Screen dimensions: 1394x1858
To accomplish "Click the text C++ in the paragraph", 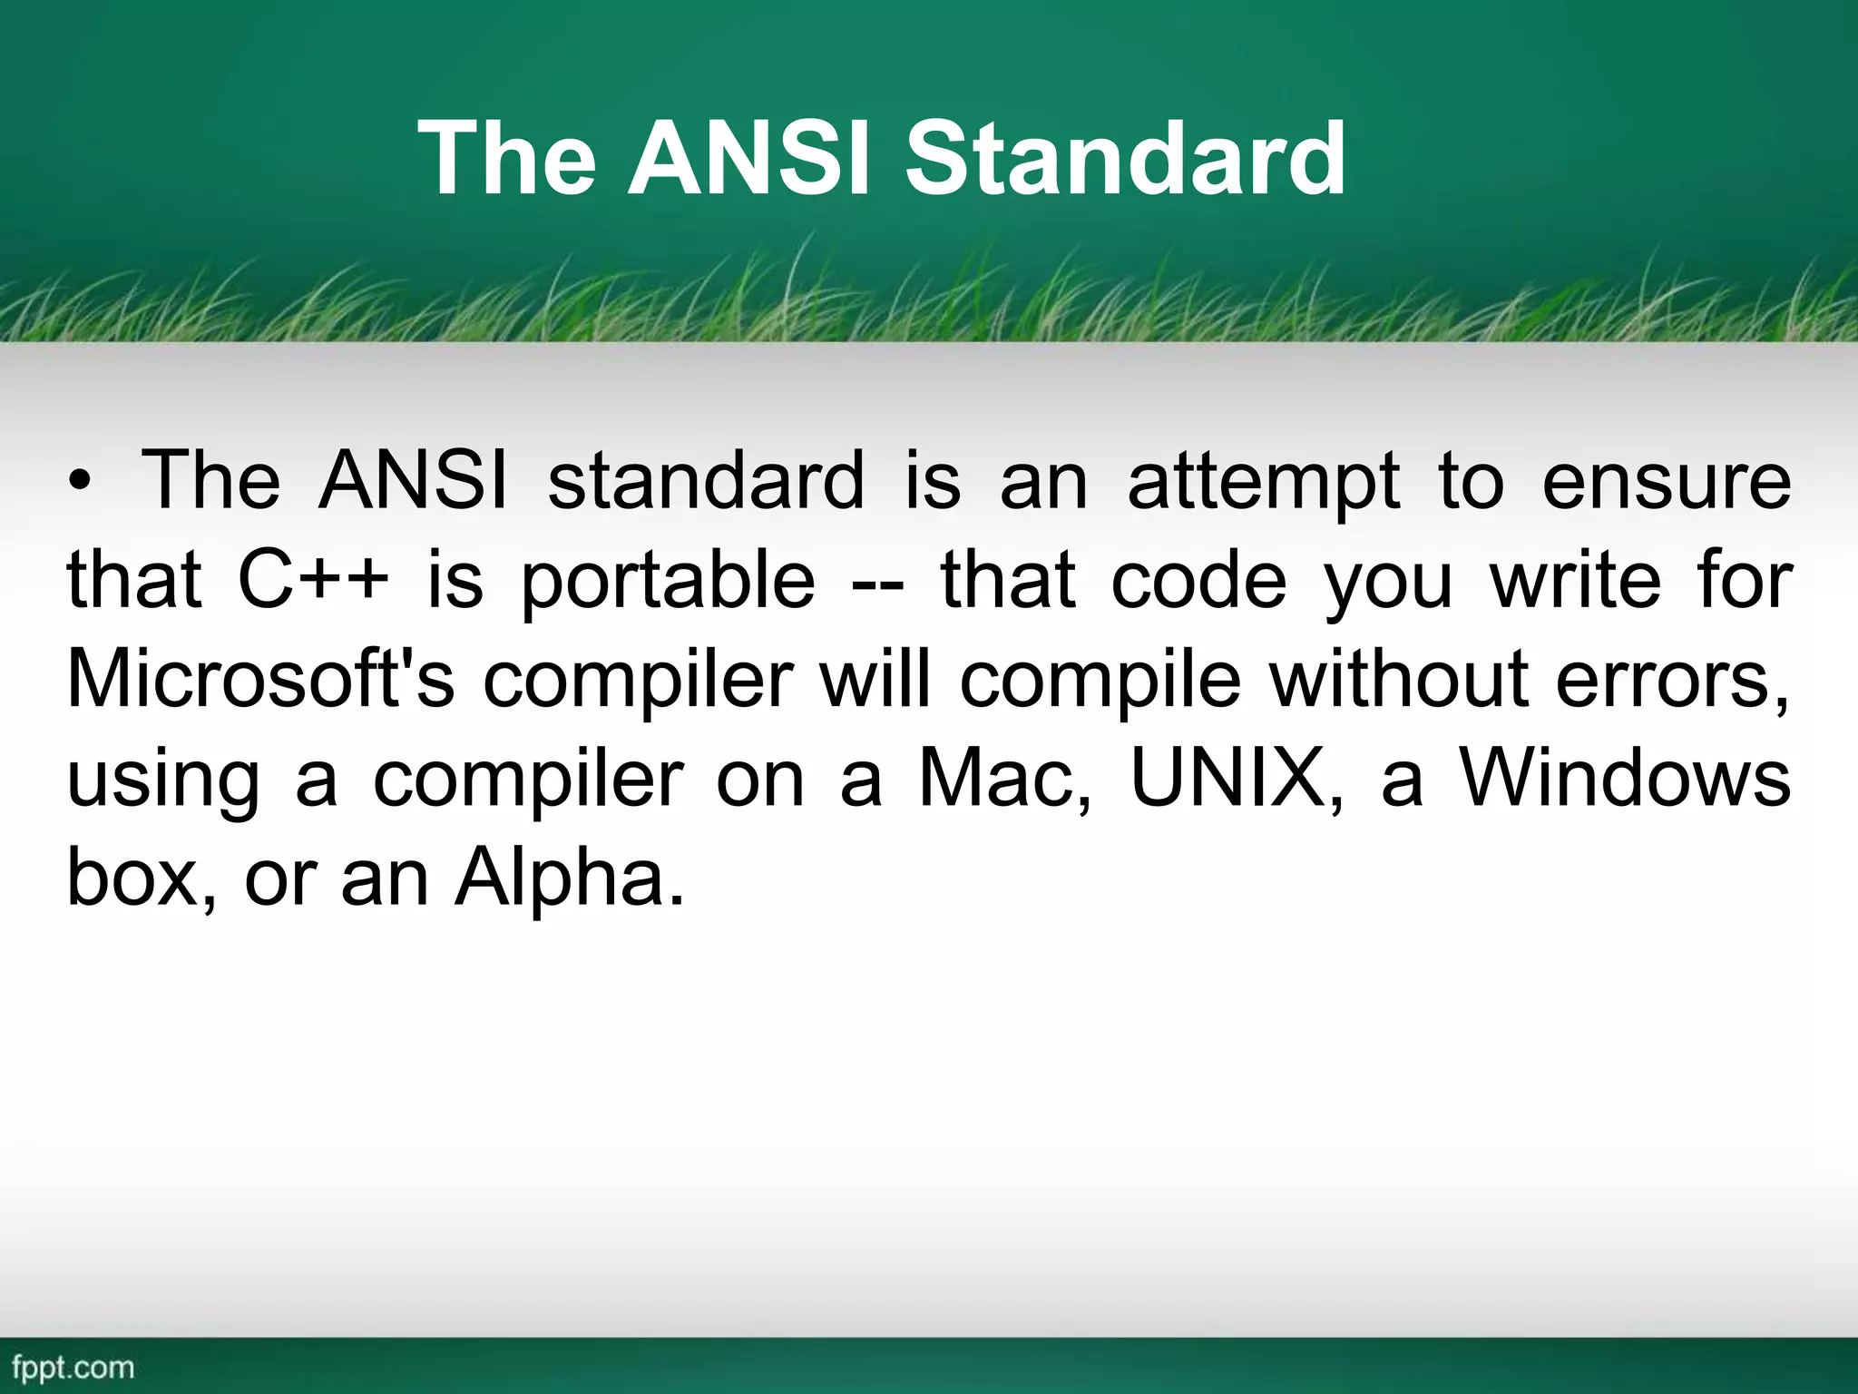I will [313, 581].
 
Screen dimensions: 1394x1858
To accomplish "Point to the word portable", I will [668, 583].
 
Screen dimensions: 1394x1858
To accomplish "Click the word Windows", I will [1624, 780].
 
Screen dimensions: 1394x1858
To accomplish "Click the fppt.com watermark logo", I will [73, 1367].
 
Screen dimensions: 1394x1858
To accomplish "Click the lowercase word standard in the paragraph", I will [706, 482].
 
